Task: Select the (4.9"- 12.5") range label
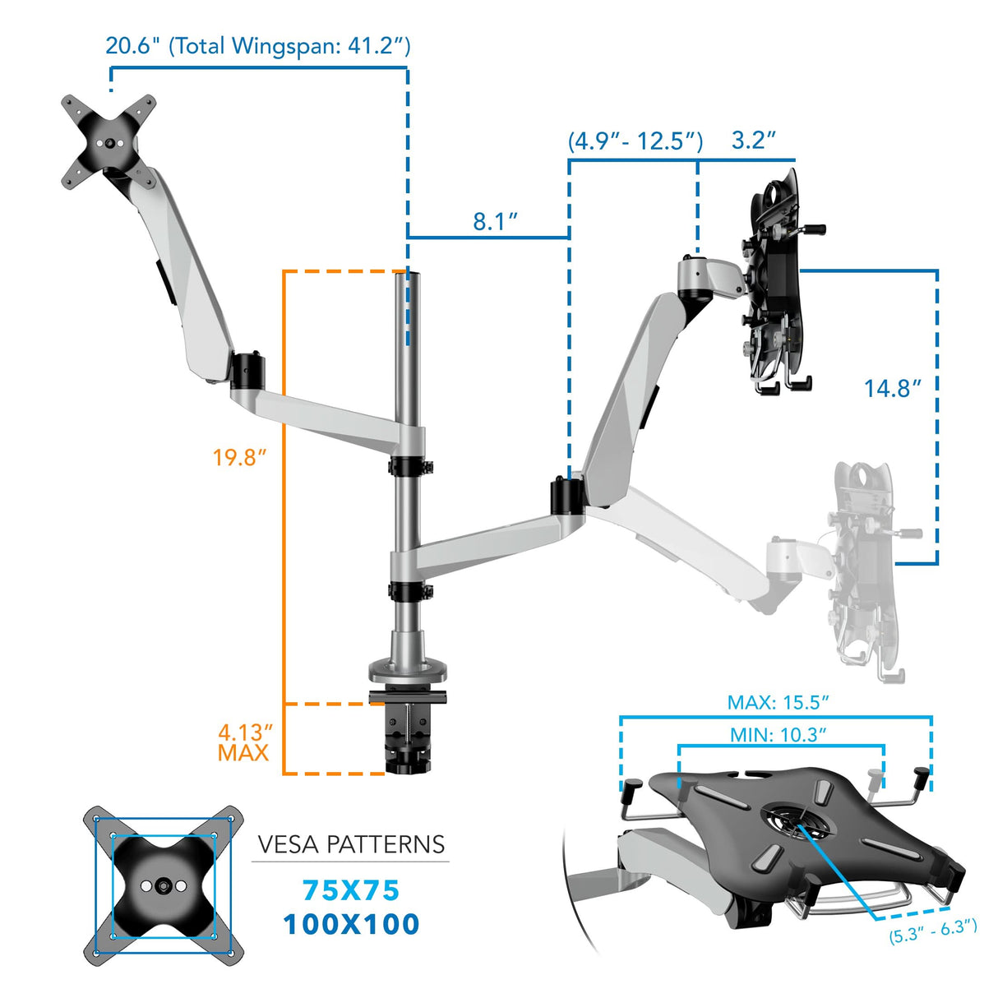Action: [635, 141]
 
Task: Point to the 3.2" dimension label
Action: [753, 140]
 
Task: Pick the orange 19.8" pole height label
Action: [239, 457]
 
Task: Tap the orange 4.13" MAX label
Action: [244, 742]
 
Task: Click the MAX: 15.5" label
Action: [778, 702]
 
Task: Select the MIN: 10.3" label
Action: [778, 734]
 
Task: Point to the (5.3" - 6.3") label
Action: [933, 931]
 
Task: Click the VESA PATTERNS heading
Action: [351, 844]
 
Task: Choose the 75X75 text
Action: [351, 890]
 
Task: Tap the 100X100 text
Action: [351, 924]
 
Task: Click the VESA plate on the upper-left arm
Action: [109, 142]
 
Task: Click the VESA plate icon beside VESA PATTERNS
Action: [164, 885]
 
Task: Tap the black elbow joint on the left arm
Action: [247, 370]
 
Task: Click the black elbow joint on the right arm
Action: [566, 496]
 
